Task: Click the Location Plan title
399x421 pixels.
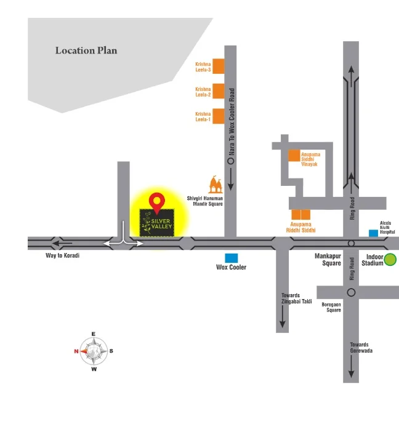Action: point(86,50)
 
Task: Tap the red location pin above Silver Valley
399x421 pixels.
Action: point(158,201)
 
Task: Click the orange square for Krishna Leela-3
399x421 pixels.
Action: point(218,66)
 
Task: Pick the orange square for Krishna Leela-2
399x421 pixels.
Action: point(218,92)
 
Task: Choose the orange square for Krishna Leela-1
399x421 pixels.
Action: point(218,116)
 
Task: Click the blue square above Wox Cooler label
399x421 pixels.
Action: point(232,258)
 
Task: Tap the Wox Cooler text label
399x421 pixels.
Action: point(231,268)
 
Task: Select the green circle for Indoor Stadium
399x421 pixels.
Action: point(390,260)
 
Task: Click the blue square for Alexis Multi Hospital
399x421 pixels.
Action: point(373,233)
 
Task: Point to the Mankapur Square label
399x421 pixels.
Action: point(328,259)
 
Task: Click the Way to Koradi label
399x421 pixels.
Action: point(63,255)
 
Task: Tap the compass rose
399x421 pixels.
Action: point(94,351)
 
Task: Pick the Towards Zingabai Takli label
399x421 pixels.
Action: point(297,299)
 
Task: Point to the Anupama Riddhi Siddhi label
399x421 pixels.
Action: point(302,227)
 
